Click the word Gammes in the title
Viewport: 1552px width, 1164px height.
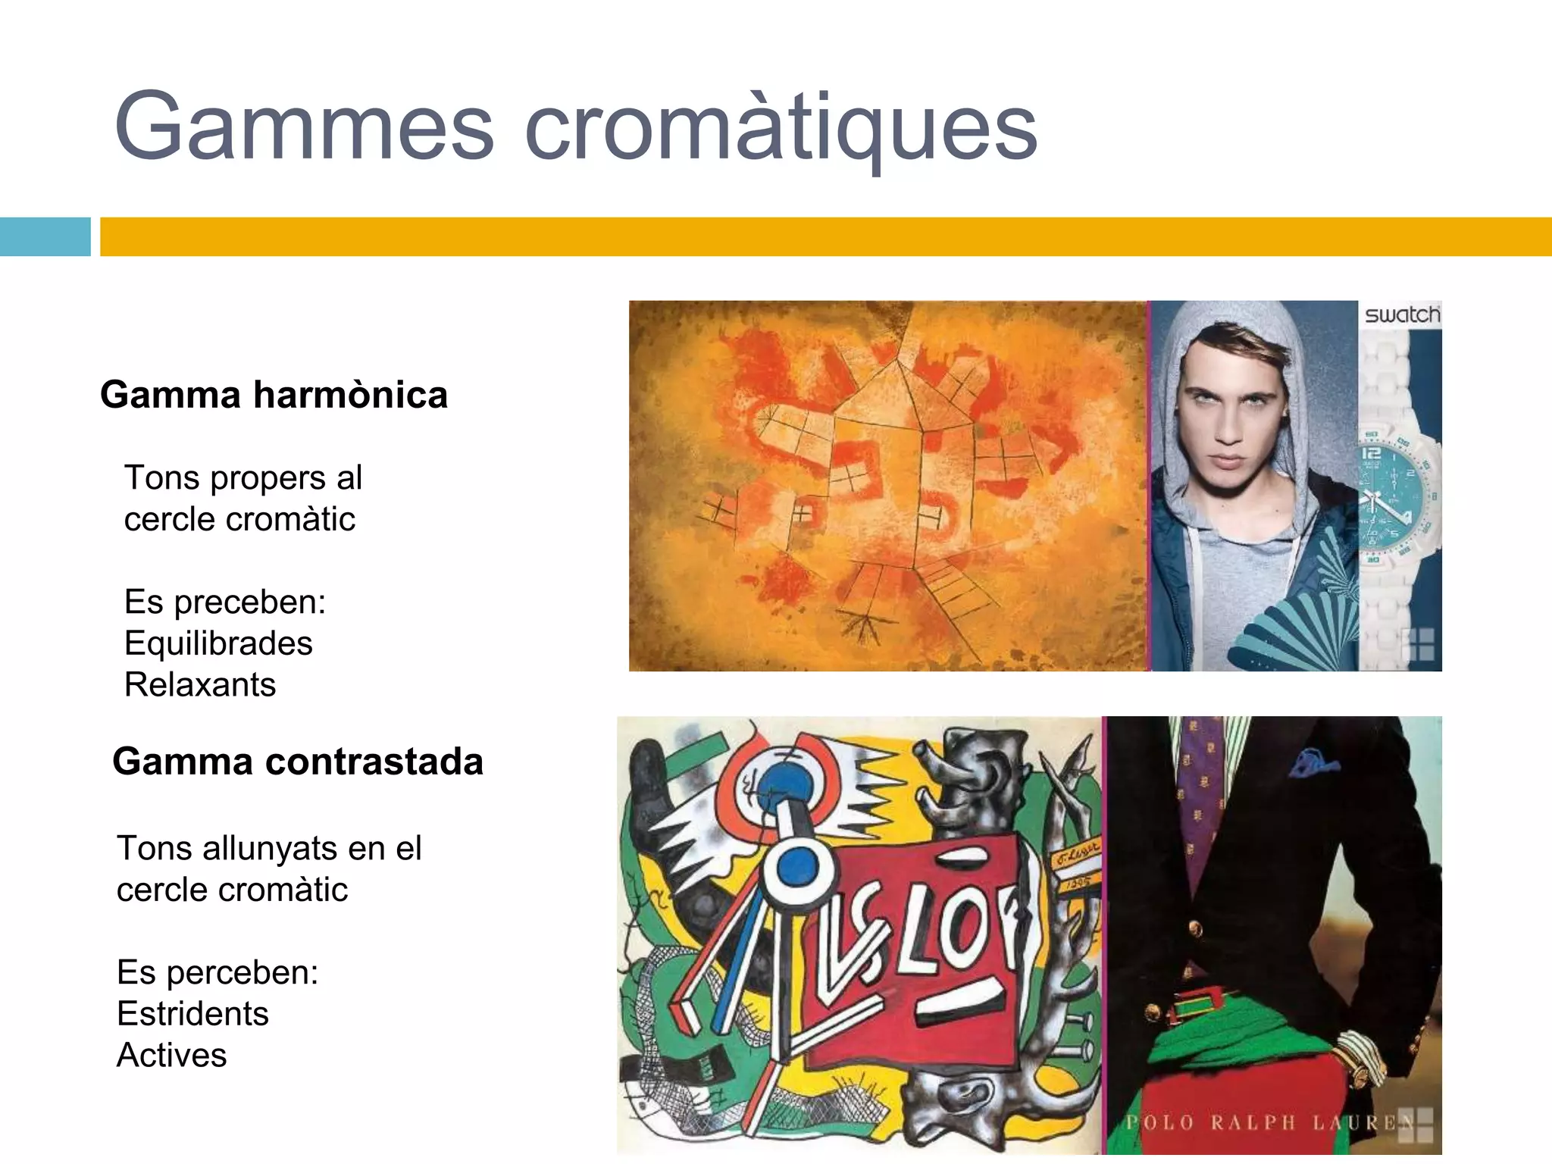303,127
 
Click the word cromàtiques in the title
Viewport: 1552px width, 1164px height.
781,127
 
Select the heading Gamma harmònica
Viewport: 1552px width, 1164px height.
274,395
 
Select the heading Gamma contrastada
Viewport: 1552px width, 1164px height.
298,762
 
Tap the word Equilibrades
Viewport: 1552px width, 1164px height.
218,643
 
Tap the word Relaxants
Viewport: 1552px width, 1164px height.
200,684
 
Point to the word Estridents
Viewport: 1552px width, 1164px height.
192,1014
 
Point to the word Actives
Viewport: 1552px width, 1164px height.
172,1055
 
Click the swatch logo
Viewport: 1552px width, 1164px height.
1402,314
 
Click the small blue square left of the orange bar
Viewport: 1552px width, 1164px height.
45,236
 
